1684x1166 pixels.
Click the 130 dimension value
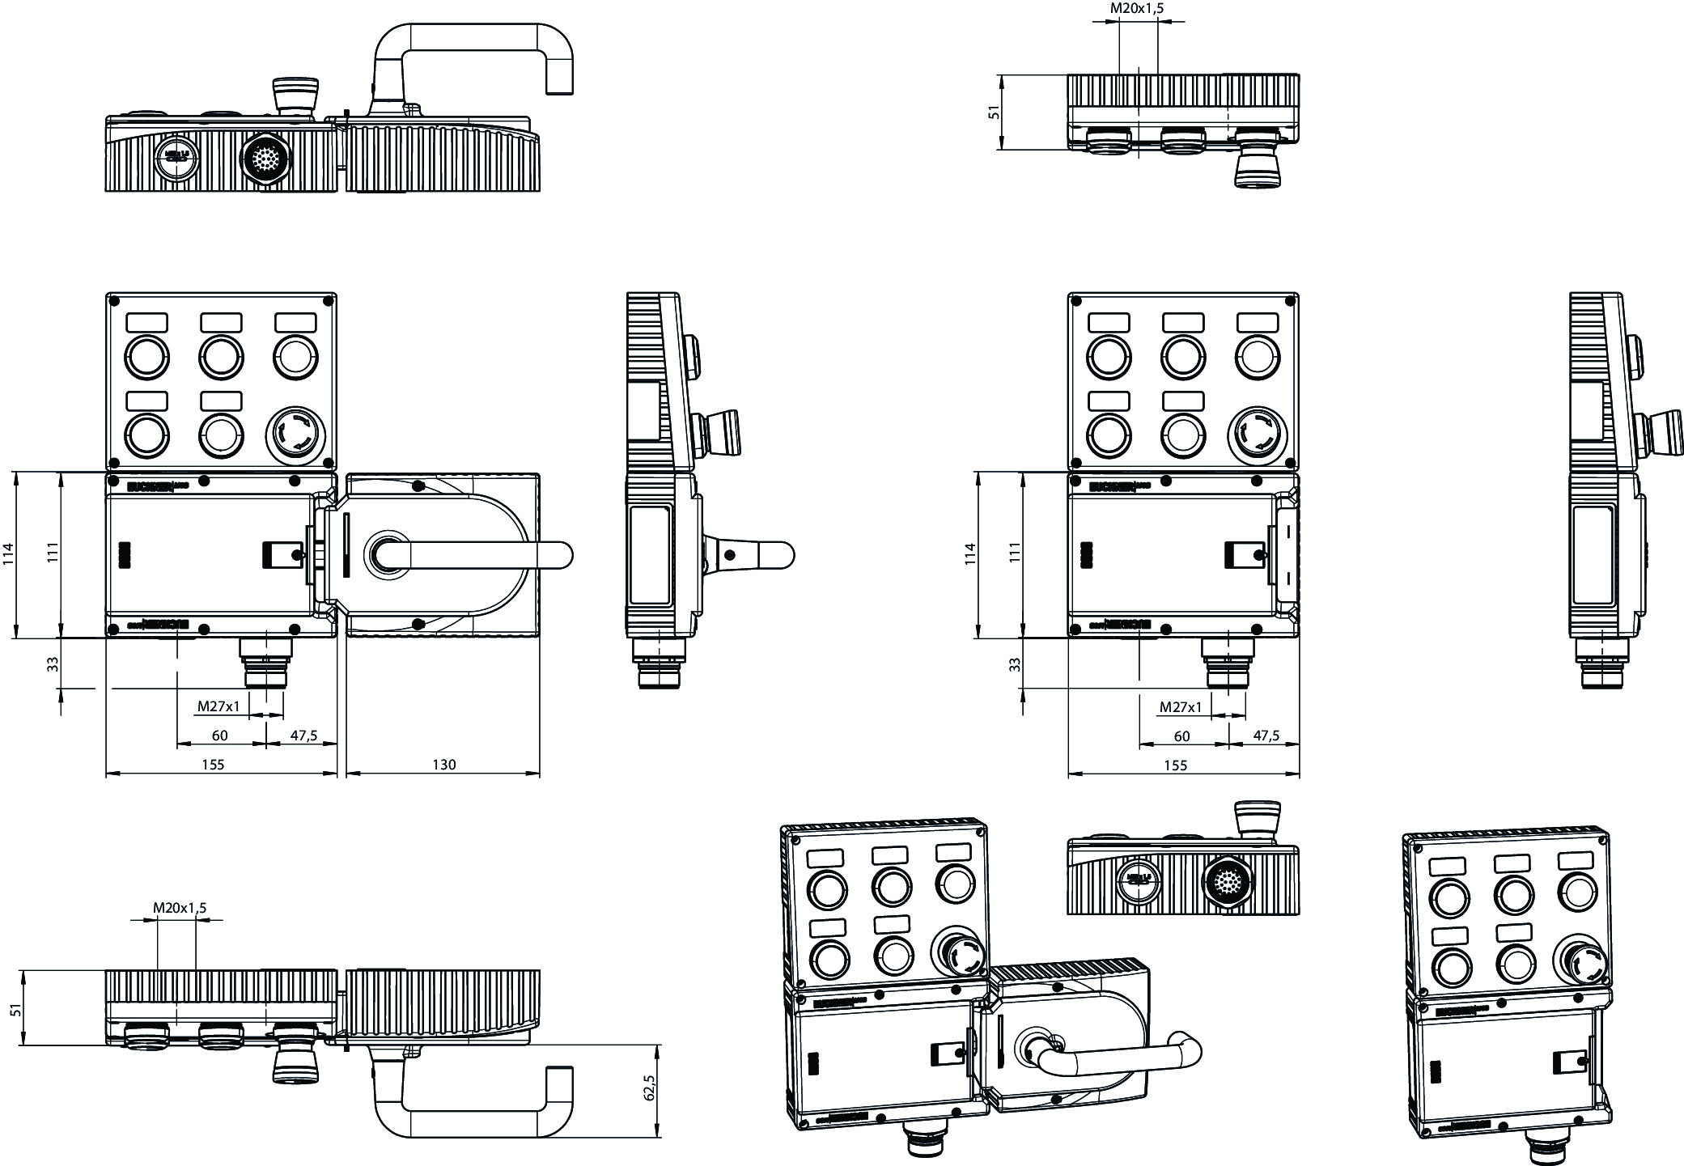[444, 764]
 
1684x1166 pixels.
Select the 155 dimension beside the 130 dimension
[213, 764]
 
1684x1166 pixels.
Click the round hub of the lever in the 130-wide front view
[385, 554]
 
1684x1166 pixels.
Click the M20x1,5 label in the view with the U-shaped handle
[180, 907]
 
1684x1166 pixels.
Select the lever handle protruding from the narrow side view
[753, 555]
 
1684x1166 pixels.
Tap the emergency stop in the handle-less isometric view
[1580, 960]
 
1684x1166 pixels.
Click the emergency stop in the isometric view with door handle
[958, 955]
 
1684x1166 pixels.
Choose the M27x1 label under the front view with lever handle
[218, 706]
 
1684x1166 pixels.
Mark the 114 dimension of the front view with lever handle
[8, 553]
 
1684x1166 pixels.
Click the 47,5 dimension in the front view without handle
[1266, 736]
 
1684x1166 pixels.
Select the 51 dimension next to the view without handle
[995, 111]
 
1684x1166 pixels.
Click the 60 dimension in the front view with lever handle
[219, 736]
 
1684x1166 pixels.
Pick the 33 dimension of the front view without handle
[1015, 664]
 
